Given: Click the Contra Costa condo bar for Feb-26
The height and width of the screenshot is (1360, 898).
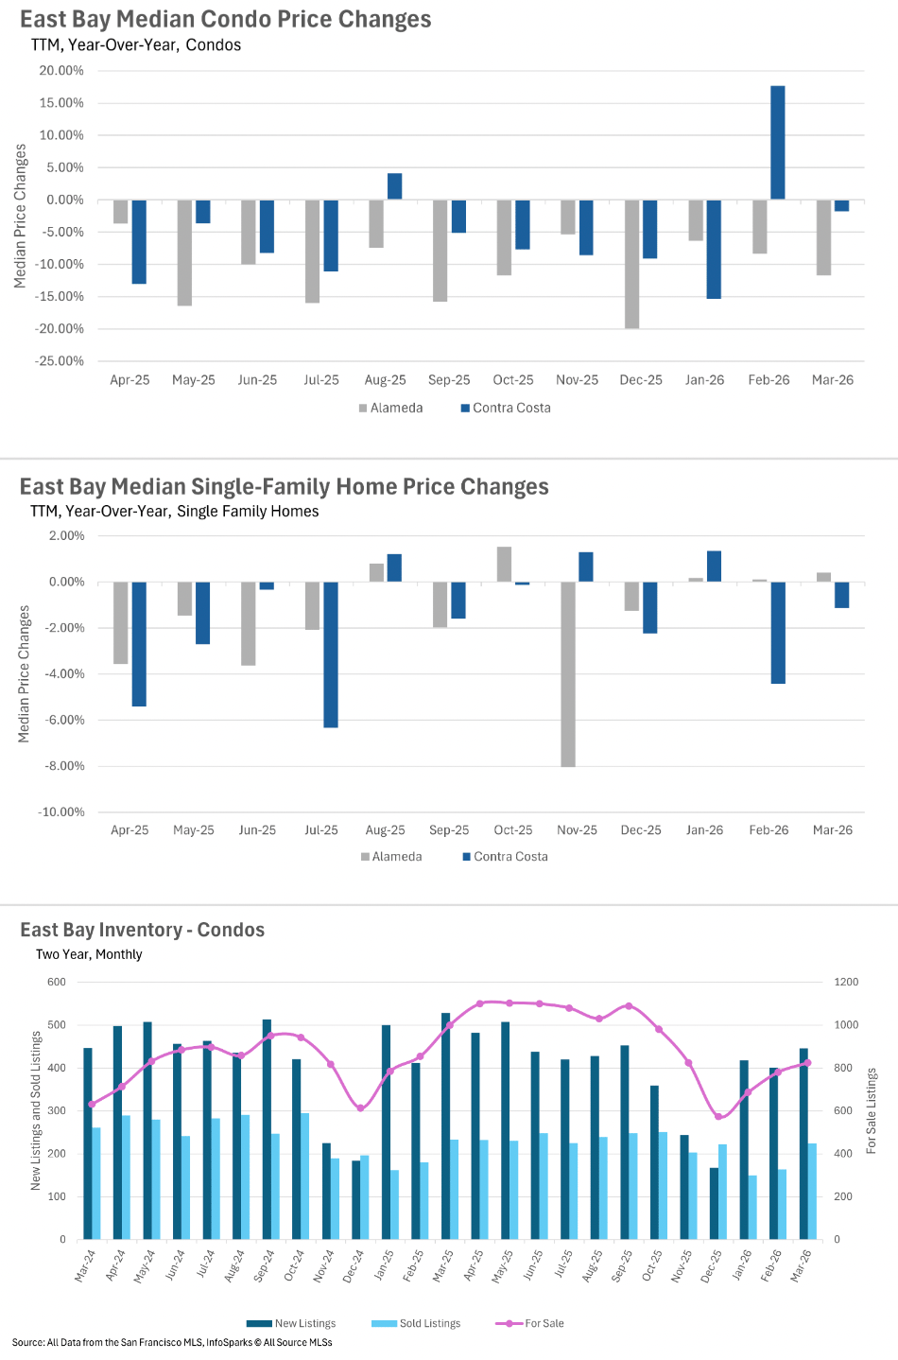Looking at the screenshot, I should tap(777, 143).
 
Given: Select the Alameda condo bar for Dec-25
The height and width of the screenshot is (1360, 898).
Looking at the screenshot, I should tap(631, 264).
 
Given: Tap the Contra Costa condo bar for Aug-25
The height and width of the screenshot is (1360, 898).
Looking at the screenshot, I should tap(394, 186).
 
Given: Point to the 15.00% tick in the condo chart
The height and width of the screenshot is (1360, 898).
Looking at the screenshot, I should tap(61, 103).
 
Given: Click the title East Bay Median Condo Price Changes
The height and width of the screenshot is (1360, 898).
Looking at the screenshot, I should tap(226, 20).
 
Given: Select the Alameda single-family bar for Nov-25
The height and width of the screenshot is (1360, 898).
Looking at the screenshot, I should tap(568, 673).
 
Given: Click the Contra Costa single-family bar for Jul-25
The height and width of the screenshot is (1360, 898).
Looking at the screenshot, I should tap(331, 654).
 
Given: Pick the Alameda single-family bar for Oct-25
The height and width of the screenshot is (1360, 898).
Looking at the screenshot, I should tap(504, 565).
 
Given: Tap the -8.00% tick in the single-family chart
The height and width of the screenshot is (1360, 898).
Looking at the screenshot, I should tap(61, 766).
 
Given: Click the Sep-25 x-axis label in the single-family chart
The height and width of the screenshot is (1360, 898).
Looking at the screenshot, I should tap(449, 830).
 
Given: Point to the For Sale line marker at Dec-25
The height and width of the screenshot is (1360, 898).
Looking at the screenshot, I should tap(718, 1117).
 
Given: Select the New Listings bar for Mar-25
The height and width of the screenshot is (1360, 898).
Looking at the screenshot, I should tap(446, 1125).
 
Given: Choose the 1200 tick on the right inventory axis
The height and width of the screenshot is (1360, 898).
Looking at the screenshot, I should tap(846, 983).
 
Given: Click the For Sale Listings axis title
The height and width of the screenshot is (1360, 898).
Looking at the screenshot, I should tap(872, 1110).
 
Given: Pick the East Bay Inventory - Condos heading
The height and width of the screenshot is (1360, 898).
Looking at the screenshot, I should tap(143, 930).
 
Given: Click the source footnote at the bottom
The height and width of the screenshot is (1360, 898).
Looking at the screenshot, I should tap(172, 1342).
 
